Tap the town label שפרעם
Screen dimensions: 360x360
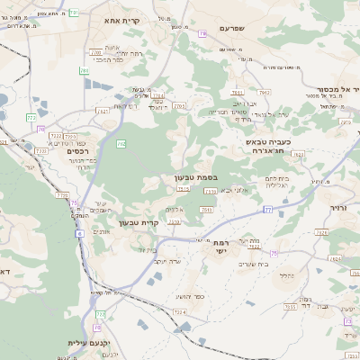coord(238,29)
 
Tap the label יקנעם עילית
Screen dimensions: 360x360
coord(87,343)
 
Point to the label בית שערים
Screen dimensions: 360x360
coord(255,263)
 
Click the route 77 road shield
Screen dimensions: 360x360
coord(267,209)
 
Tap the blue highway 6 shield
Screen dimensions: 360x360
coord(79,233)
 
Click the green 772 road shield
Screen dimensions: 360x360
coord(31,117)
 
